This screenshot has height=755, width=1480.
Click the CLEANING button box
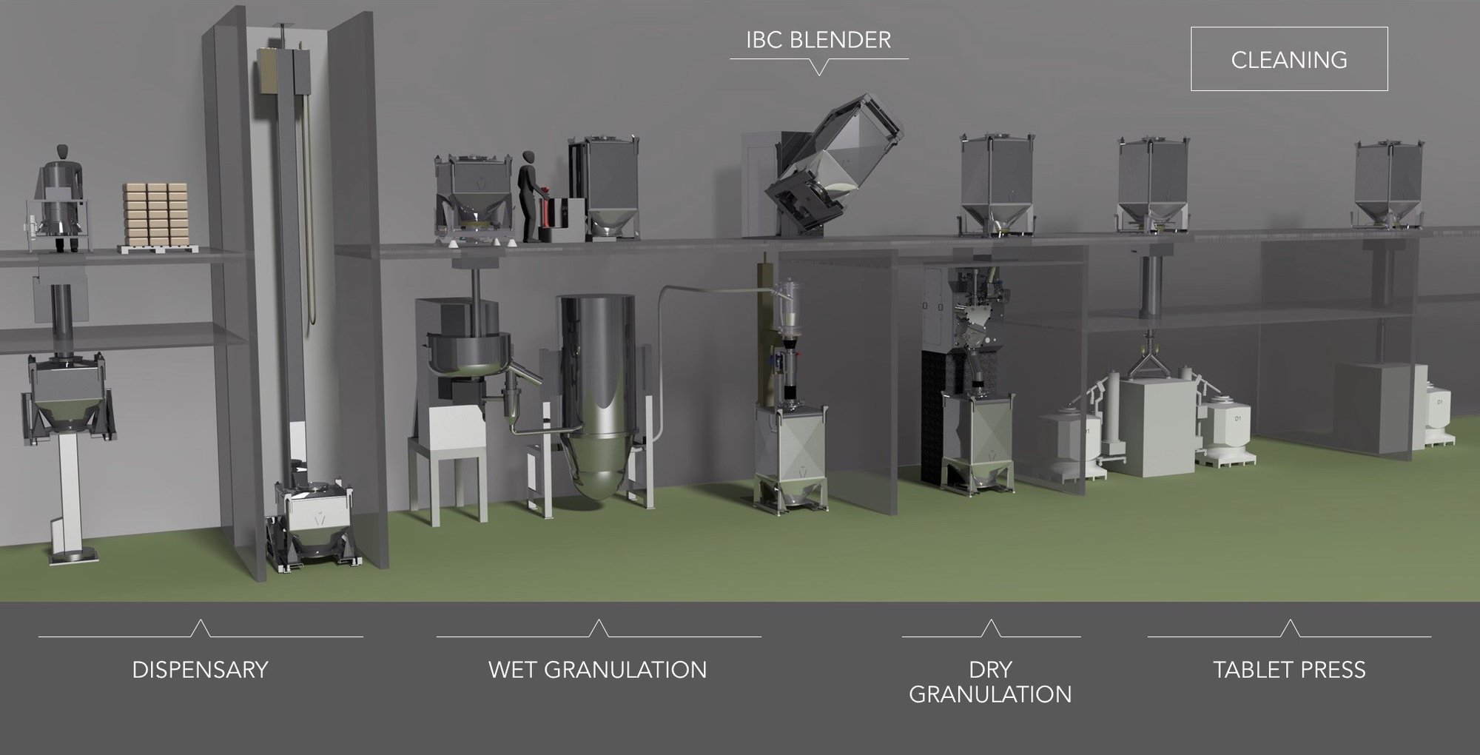[1288, 59]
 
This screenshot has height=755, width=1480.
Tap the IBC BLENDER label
[818, 40]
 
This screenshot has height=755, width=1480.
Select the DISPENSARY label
[200, 669]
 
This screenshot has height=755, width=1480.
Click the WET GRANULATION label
[597, 669]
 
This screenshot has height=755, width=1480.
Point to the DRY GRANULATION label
[990, 681]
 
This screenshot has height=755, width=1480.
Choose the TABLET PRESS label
[1289, 669]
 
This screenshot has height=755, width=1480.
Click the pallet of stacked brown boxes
[155, 215]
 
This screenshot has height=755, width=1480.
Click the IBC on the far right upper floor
[1388, 185]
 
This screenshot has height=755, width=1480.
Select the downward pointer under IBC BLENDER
[818, 68]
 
